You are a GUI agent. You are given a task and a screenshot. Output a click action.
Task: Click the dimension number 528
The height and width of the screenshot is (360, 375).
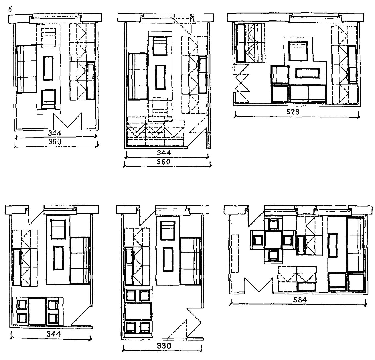(293, 112)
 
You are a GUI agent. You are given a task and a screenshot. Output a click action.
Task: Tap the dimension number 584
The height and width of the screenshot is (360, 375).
(300, 300)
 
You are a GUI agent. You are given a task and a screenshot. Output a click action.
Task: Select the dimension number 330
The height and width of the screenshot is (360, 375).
(164, 346)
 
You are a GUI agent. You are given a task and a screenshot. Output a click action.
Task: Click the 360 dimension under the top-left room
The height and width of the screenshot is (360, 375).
(55, 142)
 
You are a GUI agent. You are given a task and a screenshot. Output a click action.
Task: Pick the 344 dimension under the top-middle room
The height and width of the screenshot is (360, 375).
(164, 153)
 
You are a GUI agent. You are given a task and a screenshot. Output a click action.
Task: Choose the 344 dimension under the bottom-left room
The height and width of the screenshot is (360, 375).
(54, 334)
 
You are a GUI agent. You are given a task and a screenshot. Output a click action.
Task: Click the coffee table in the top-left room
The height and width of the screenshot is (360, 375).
(48, 68)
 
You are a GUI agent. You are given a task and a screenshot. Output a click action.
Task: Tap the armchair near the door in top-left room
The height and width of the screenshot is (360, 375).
(49, 99)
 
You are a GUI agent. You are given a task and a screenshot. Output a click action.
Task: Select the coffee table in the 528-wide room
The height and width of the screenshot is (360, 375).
(307, 73)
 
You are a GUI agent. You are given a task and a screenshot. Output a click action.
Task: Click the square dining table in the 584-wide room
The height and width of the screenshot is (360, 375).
(273, 240)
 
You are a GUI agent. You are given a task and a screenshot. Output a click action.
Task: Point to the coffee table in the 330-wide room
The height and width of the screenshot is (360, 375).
(168, 259)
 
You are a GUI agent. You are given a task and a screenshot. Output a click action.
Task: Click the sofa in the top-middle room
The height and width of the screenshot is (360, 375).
(137, 76)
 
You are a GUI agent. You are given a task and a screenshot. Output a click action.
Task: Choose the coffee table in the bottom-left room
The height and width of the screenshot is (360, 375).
(58, 258)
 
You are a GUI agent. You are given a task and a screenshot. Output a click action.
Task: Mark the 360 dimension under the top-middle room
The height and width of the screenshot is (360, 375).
(163, 162)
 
